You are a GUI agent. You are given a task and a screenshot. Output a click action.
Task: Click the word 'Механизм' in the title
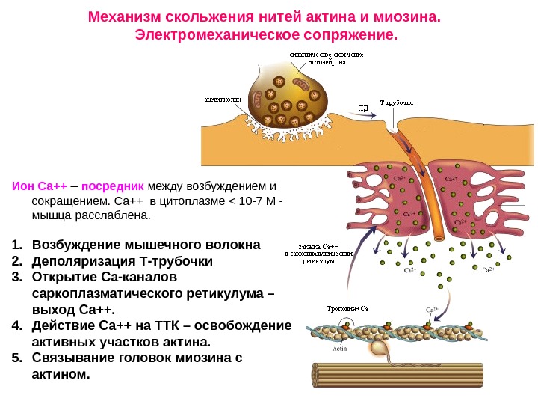(125, 16)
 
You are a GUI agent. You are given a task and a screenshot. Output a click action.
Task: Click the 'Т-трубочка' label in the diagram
(397, 102)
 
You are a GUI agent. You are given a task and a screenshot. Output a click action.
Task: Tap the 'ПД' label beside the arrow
(364, 108)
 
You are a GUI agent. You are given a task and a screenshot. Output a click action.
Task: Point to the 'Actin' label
(338, 349)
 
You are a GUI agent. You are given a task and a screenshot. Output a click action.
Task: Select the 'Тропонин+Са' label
(348, 308)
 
